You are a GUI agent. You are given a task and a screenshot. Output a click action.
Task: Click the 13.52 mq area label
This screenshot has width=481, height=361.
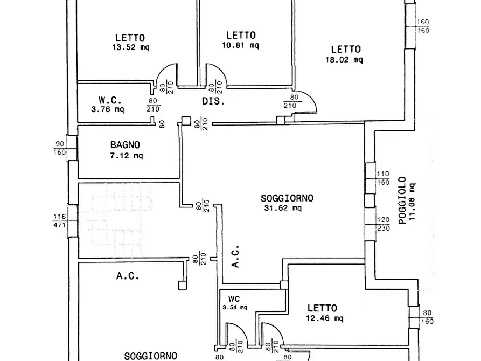(x=131, y=47)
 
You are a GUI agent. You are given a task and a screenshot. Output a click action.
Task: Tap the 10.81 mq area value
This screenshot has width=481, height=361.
(x=240, y=45)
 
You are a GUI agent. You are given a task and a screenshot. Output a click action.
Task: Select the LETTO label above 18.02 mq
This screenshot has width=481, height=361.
(x=346, y=50)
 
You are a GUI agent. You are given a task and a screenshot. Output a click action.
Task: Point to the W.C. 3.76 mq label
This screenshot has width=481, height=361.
(x=108, y=105)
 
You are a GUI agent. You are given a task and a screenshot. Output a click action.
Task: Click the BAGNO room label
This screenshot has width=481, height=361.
(x=125, y=145)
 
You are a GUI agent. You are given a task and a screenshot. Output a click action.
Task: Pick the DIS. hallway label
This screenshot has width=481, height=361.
(x=213, y=101)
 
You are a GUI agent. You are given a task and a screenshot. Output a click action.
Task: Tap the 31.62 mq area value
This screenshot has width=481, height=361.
(x=283, y=208)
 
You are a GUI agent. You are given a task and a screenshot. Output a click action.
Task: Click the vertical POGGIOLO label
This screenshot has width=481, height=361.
(x=402, y=200)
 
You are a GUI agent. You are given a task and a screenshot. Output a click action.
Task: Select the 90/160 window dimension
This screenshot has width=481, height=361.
(x=60, y=148)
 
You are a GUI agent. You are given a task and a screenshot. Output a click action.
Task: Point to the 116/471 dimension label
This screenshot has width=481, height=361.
(x=59, y=221)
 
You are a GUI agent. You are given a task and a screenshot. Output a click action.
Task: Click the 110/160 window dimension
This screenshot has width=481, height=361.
(x=383, y=178)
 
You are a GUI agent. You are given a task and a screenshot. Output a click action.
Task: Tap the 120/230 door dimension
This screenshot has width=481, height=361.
(x=383, y=224)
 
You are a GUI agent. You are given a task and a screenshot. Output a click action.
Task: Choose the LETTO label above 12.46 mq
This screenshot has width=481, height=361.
(x=323, y=308)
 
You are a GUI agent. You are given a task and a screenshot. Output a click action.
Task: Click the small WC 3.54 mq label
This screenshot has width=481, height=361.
(x=235, y=303)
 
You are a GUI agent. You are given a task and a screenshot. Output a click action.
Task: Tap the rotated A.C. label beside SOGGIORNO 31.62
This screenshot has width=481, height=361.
(x=235, y=256)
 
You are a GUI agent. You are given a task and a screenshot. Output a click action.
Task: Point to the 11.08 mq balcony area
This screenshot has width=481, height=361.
(x=412, y=202)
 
